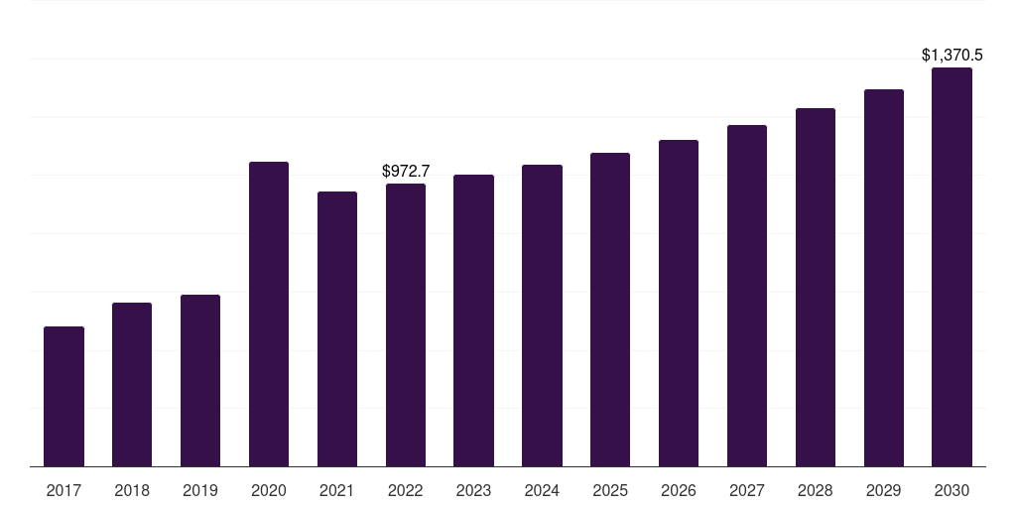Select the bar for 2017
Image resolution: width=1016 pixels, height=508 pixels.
pos(63,397)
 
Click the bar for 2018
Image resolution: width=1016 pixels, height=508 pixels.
pos(132,384)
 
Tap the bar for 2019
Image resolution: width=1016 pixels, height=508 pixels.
pos(200,380)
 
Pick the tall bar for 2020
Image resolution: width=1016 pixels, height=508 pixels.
pos(269,315)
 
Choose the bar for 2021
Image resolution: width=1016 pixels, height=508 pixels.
pos(337,329)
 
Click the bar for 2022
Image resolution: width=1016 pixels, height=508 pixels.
pos(406,325)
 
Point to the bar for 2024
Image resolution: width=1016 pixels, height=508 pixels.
pos(543,316)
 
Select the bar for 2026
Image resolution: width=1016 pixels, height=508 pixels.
pos(679,304)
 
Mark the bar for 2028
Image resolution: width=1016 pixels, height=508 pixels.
pos(816,287)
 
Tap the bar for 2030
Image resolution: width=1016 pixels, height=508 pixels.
pos(952,267)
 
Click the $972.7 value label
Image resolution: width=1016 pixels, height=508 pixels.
pos(406,171)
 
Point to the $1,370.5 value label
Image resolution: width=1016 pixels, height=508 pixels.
pos(952,56)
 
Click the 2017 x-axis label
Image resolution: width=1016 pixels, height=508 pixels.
pos(63,490)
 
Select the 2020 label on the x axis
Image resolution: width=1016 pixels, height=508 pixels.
pos(269,490)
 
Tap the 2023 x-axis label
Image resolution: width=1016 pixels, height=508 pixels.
pos(473,490)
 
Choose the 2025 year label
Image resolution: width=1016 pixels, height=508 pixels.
pos(610,490)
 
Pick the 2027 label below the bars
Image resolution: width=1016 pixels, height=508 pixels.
pos(747,490)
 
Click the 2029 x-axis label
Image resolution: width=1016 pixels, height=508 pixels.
pos(884,490)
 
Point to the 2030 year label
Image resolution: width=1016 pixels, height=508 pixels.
pos(952,490)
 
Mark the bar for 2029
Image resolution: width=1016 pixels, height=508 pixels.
pos(884,278)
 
